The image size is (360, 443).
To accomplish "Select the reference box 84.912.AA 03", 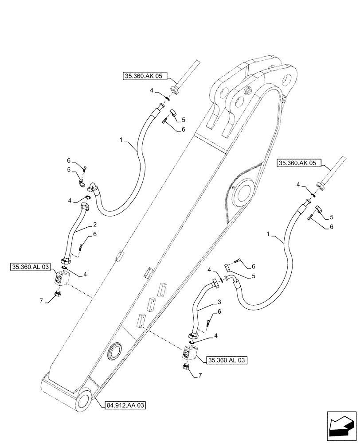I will [126, 405].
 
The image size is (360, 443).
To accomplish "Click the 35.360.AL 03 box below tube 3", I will [226, 360].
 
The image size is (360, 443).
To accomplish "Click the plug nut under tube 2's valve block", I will [57, 294].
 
